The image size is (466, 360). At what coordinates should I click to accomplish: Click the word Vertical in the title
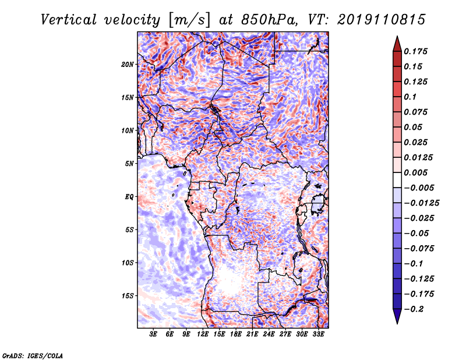pyautogui.click(x=69, y=20)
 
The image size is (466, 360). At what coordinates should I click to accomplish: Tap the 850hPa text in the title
pyautogui.click(x=269, y=20)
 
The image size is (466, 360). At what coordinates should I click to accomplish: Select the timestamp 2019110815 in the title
pyautogui.click(x=382, y=20)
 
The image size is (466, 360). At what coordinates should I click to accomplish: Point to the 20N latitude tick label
pyautogui.click(x=128, y=65)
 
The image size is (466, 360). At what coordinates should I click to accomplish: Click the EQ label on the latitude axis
pyautogui.click(x=129, y=197)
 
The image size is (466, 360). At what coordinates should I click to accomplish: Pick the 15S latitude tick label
pyautogui.click(x=128, y=296)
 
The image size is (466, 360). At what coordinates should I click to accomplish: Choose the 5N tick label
pyautogui.click(x=129, y=164)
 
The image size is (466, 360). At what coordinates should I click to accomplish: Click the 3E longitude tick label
pyautogui.click(x=153, y=334)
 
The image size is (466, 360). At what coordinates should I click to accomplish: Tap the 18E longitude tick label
pyautogui.click(x=236, y=334)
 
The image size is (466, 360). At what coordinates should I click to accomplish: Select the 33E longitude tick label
pyautogui.click(x=318, y=334)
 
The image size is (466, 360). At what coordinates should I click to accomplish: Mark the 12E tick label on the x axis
pyautogui.click(x=203, y=334)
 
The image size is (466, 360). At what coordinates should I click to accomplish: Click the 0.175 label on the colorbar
pyautogui.click(x=415, y=51)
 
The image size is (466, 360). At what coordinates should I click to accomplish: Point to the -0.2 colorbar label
pyautogui.click(x=414, y=309)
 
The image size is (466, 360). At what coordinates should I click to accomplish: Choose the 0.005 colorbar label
pyautogui.click(x=415, y=172)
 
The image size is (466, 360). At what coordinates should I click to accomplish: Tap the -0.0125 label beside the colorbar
pyautogui.click(x=421, y=203)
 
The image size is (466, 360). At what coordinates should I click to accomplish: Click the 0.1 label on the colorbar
pyautogui.click(x=410, y=97)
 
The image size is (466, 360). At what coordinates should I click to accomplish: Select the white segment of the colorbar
pyautogui.click(x=397, y=180)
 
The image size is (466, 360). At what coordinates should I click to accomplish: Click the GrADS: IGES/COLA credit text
pyautogui.click(x=33, y=355)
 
